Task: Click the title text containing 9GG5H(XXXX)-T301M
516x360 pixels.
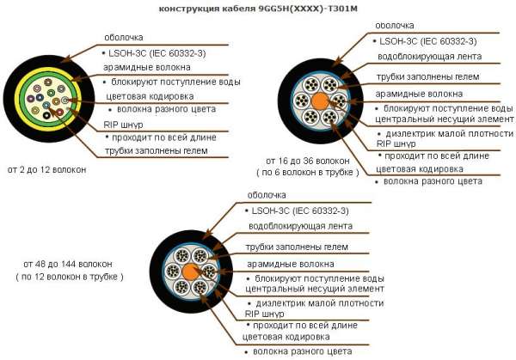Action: pos(258,9)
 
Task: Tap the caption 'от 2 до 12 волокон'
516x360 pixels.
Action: pos(46,169)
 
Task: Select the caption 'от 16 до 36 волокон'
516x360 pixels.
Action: pos(308,161)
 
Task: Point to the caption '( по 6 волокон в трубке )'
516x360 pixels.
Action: pos(308,173)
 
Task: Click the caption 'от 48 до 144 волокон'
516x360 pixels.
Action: pos(68,264)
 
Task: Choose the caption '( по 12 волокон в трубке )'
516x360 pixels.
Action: pos(70,277)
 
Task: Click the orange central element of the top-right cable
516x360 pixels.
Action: pos(320,101)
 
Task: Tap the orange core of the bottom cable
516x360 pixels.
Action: pos(191,272)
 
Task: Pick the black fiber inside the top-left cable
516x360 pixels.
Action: pos(46,115)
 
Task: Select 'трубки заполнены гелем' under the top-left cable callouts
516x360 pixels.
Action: pos(157,151)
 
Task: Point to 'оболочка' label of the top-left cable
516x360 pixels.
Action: pos(123,38)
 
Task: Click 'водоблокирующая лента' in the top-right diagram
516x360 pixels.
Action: pos(429,57)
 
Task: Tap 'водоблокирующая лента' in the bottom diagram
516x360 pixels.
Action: pos(300,226)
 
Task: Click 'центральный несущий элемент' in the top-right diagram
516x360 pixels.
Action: pos(445,119)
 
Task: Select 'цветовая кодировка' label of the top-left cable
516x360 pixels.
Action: pos(150,96)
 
